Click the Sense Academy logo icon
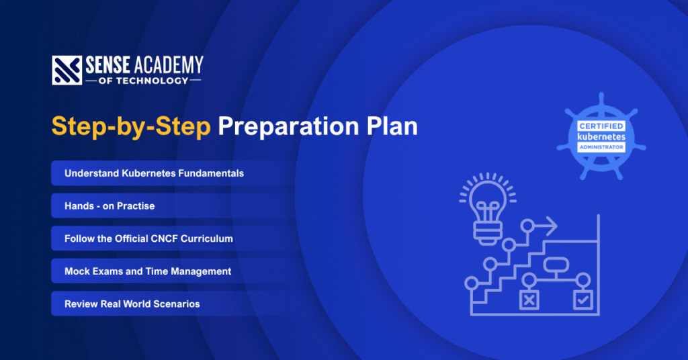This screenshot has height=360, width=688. [x=67, y=71]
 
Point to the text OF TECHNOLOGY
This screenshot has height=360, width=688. [x=142, y=81]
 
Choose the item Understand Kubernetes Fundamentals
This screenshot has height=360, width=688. [x=154, y=173]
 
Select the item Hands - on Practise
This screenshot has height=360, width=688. [x=110, y=206]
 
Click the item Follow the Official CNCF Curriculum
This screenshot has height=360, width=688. [x=148, y=238]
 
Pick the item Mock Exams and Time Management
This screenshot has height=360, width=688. [x=148, y=271]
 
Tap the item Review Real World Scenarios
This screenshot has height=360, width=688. [x=132, y=304]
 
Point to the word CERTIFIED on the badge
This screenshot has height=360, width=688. [x=601, y=126]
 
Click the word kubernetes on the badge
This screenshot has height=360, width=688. [x=601, y=136]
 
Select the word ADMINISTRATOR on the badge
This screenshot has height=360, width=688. [x=601, y=146]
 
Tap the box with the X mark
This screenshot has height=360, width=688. [x=529, y=299]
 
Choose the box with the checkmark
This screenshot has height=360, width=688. [x=582, y=299]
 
